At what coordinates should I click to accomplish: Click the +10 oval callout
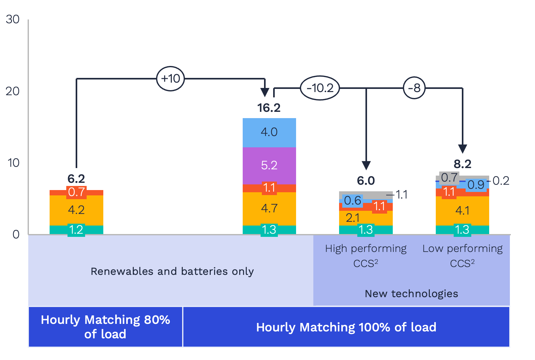coord(170,79)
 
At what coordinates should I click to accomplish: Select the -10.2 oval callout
coord(320,88)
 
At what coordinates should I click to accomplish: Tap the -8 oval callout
coord(414,88)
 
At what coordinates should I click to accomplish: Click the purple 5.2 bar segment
coord(269,166)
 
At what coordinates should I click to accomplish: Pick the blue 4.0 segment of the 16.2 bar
coord(269,132)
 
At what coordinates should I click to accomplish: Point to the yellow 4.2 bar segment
coord(76,210)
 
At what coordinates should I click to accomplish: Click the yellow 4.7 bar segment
coord(269,208)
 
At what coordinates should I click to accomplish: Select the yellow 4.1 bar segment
coord(462,210)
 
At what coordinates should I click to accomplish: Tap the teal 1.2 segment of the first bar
coord(76,230)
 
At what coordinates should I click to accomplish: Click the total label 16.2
coord(269,108)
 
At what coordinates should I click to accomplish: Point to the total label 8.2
coord(462,164)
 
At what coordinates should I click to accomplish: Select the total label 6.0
coord(366,181)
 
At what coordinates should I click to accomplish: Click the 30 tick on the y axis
coord(13,19)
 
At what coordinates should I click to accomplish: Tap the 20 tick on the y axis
coord(13,91)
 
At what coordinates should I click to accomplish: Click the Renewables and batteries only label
coord(172,271)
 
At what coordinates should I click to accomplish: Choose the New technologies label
coord(411,294)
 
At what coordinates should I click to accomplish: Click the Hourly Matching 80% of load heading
coord(105,327)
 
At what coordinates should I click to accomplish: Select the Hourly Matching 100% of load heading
coord(346,327)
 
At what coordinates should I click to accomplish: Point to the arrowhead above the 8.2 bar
coord(462,149)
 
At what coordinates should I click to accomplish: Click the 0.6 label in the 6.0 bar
coord(353,200)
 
